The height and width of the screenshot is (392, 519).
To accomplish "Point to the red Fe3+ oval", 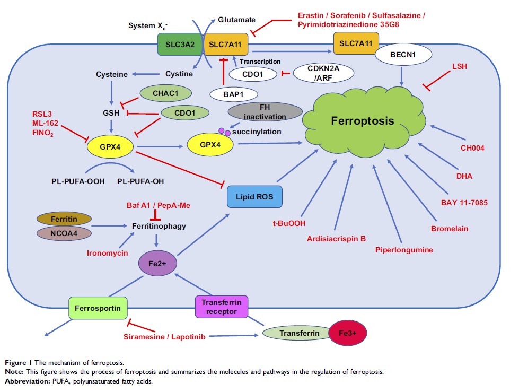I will pos(348,333).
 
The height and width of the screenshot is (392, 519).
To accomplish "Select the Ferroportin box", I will pos(99,308).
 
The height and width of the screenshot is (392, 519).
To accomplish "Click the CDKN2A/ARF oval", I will pos(321,73).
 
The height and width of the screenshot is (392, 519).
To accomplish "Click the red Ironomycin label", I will pos(108,254).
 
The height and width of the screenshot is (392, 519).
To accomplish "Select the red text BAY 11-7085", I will pos(464,202).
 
